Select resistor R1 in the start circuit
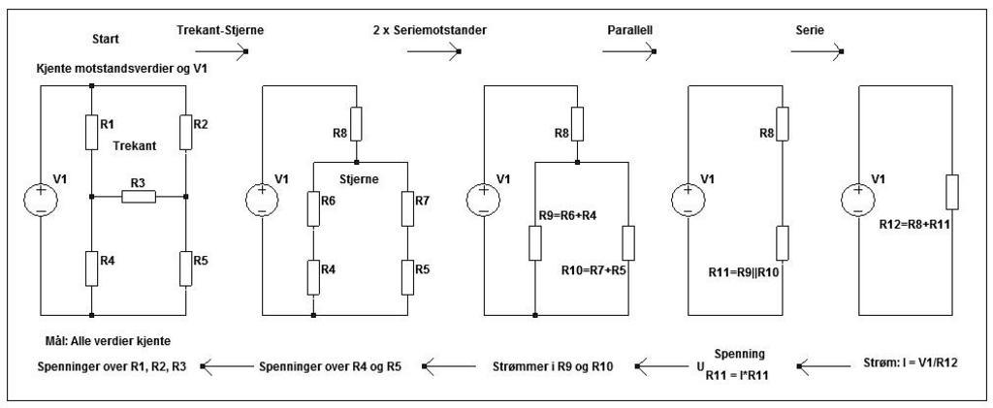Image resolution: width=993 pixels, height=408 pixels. point(91,133)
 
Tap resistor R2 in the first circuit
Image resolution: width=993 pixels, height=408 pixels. point(185,133)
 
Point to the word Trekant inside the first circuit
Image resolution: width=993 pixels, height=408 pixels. point(134,144)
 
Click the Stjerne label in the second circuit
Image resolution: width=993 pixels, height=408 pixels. point(361,179)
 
